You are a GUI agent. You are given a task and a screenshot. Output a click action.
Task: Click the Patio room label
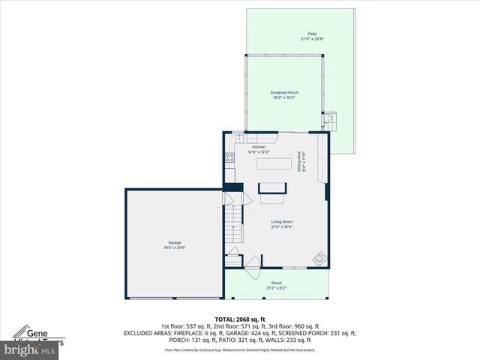(311, 34)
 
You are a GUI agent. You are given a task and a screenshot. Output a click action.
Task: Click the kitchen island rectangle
(274, 164)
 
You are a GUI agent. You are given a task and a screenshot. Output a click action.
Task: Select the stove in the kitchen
(230, 158)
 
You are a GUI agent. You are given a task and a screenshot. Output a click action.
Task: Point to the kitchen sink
(239, 139)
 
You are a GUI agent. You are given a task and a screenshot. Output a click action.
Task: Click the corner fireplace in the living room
(320, 258)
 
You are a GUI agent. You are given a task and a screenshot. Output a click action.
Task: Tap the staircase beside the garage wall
(234, 218)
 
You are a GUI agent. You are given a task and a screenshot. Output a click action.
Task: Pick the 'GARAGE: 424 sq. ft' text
(271, 333)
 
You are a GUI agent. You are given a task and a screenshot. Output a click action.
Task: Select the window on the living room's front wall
(293, 268)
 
